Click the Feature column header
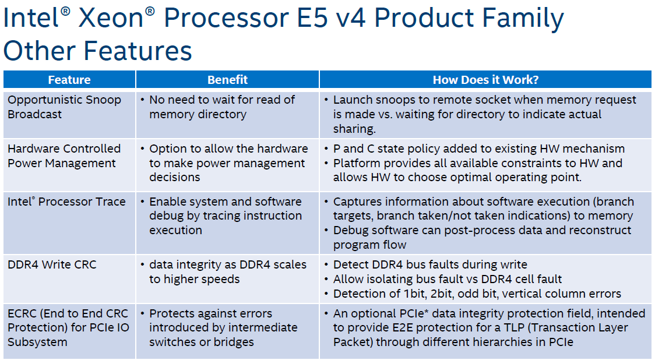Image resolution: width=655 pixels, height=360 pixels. click(69, 80)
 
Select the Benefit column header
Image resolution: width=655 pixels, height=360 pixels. click(228, 80)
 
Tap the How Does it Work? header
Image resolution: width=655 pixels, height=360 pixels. click(485, 80)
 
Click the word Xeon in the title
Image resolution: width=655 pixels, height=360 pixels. click(111, 18)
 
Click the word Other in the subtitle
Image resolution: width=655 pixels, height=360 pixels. click(39, 51)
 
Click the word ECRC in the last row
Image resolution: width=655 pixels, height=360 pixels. click(22, 313)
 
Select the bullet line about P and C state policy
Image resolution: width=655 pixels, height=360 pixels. click(478, 149)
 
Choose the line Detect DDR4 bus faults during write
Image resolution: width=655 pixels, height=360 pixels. click(430, 265)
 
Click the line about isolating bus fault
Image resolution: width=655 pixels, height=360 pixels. click(448, 279)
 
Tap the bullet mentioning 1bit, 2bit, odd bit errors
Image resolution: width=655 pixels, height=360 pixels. click(477, 294)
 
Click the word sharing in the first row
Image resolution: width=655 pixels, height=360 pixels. click(354, 129)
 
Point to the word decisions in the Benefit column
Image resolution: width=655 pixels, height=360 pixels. click(175, 178)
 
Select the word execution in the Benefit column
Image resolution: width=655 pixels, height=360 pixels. click(175, 230)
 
